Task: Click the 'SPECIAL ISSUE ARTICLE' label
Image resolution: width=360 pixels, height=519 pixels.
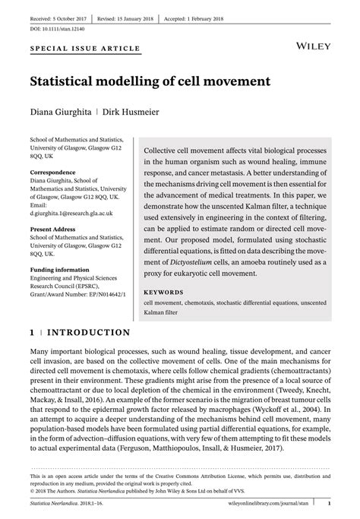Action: (x=84, y=49)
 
